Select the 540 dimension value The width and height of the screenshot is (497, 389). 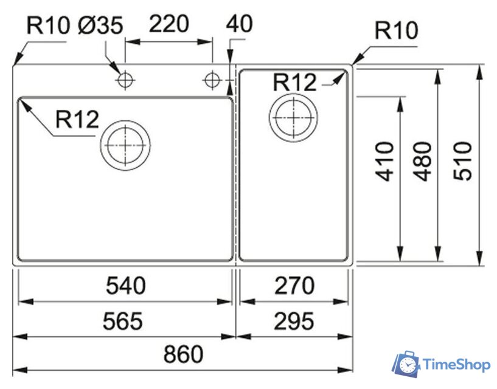tap(126, 286)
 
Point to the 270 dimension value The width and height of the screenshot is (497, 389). tap(294, 286)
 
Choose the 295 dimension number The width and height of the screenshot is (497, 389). tap(294, 320)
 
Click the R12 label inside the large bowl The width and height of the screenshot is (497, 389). tap(77, 120)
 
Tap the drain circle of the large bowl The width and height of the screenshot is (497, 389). tap(125, 146)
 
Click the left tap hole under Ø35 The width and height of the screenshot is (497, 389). tap(125, 80)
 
